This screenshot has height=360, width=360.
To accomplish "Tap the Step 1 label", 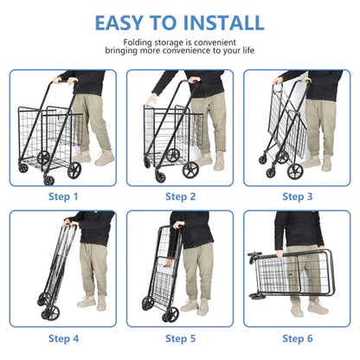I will [64, 196].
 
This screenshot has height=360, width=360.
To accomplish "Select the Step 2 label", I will [180, 196].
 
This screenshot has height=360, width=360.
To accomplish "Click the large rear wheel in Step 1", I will [74, 170].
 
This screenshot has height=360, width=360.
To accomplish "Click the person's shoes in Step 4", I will [92, 302].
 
